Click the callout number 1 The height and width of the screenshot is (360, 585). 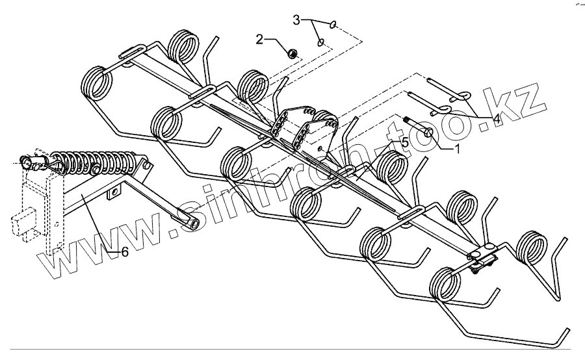tap(456, 149)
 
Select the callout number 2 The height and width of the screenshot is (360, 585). tap(259, 40)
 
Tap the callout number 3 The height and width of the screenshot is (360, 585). tap(296, 20)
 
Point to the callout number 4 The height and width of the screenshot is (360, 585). tap(496, 119)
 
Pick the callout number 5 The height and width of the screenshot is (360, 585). tap(404, 141)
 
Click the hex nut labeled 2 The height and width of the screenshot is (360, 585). tap(292, 53)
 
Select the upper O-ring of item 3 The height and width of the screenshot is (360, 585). tap(333, 25)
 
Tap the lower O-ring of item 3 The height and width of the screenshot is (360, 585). tap(320, 43)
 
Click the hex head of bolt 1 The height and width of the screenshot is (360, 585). tap(429, 133)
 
